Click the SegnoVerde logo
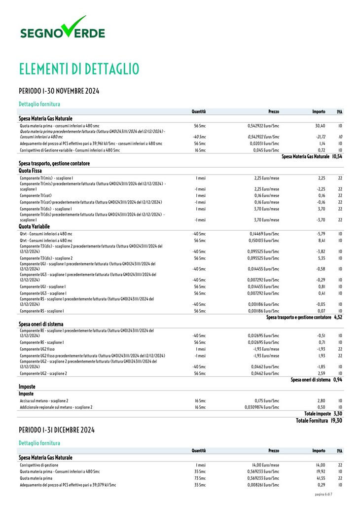click(62, 29)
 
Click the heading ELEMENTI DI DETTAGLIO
click(79, 69)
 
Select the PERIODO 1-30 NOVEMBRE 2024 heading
click(59, 91)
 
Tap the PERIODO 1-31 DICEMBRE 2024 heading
click(57, 430)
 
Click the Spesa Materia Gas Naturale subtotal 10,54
click(337, 156)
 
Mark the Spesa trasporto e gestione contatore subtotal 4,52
click(338, 317)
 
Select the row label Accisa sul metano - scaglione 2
click(44, 401)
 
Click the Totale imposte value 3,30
click(337, 414)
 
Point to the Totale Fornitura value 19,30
click(337, 421)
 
